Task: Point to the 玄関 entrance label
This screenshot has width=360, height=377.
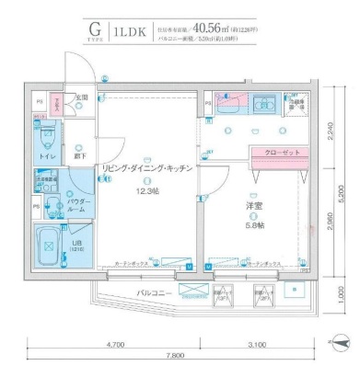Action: (x=81, y=97)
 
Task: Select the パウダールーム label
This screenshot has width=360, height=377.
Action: (x=75, y=205)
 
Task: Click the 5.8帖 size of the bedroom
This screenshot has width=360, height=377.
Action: (x=254, y=224)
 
